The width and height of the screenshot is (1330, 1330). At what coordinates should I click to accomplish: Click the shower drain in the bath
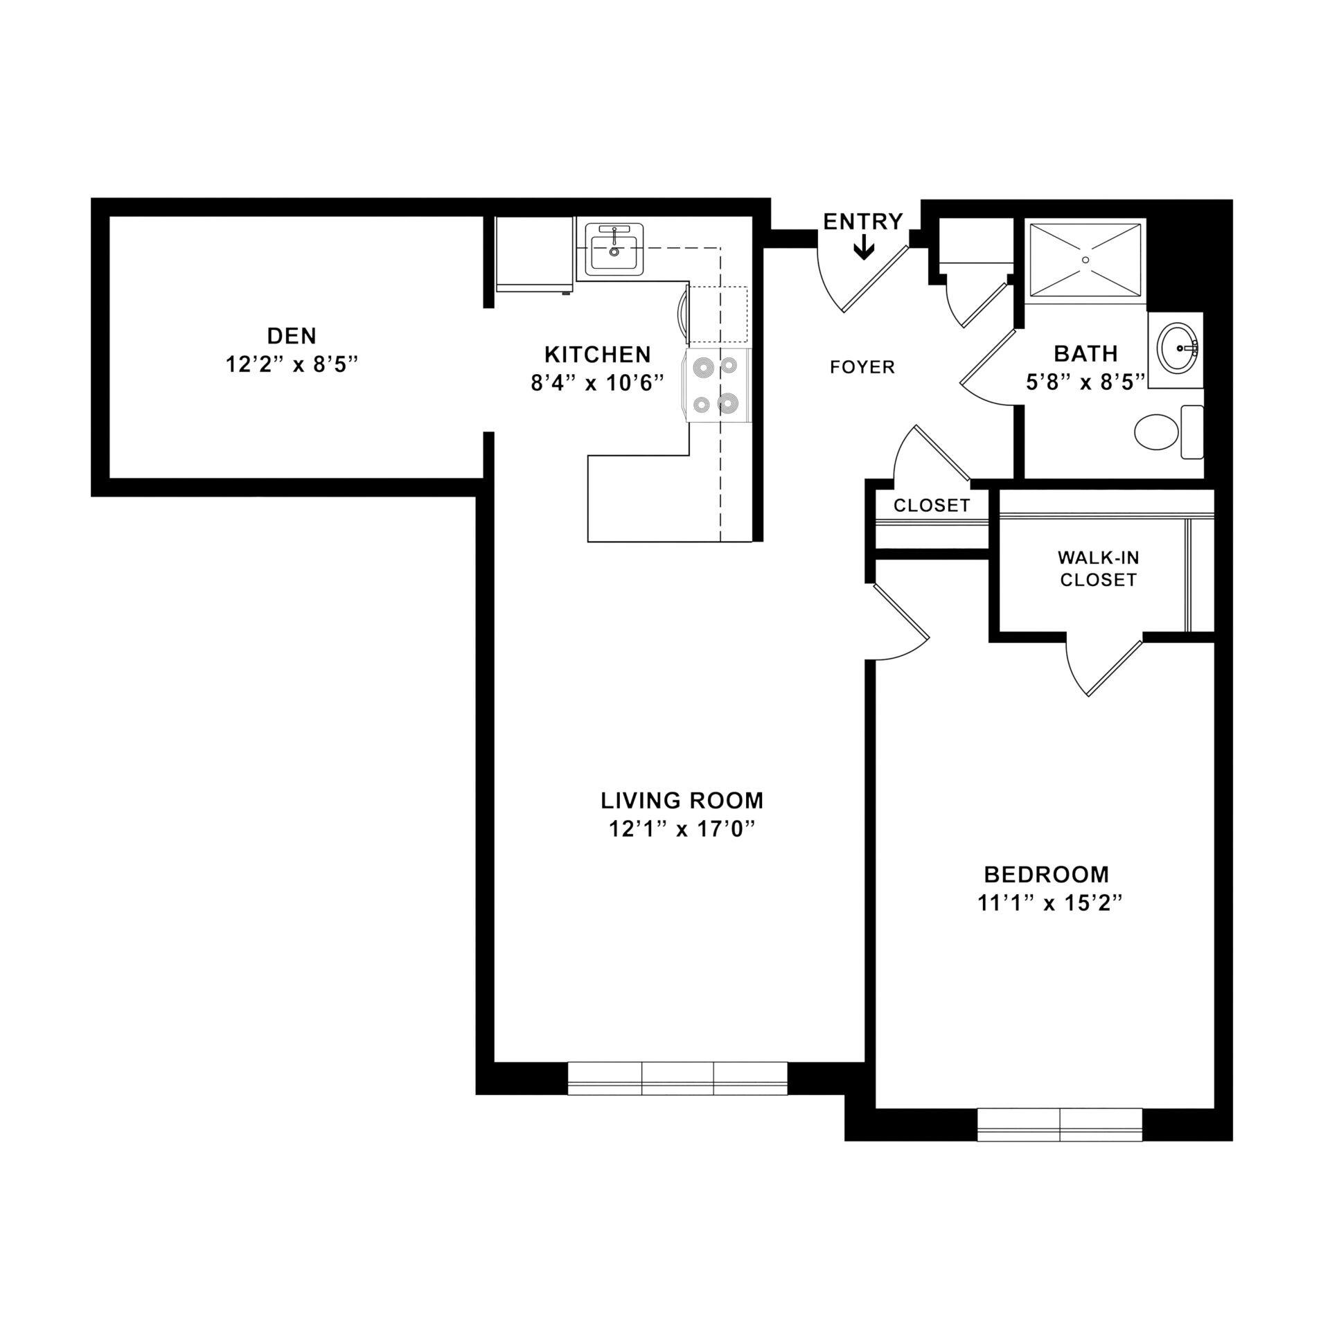pyautogui.click(x=1085, y=259)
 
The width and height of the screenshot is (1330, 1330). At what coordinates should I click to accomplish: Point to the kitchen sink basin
pyautogui.click(x=614, y=251)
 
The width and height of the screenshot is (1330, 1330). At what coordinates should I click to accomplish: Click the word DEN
pyautogui.click(x=292, y=336)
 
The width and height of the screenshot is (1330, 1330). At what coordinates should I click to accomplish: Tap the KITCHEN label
pyautogui.click(x=597, y=355)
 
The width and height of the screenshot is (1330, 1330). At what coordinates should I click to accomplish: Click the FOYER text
pyautogui.click(x=862, y=367)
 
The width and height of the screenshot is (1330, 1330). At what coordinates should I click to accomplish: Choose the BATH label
pyautogui.click(x=1085, y=354)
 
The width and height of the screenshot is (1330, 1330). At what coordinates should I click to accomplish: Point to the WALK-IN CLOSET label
pyautogui.click(x=1099, y=568)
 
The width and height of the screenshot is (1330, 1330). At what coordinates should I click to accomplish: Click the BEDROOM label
pyautogui.click(x=1046, y=875)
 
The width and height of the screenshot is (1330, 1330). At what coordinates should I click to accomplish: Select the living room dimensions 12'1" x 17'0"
pyautogui.click(x=682, y=829)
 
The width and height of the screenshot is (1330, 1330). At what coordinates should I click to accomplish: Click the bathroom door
pyautogui.click(x=987, y=367)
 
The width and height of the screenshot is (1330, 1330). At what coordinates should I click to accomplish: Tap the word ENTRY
pyautogui.click(x=863, y=221)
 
